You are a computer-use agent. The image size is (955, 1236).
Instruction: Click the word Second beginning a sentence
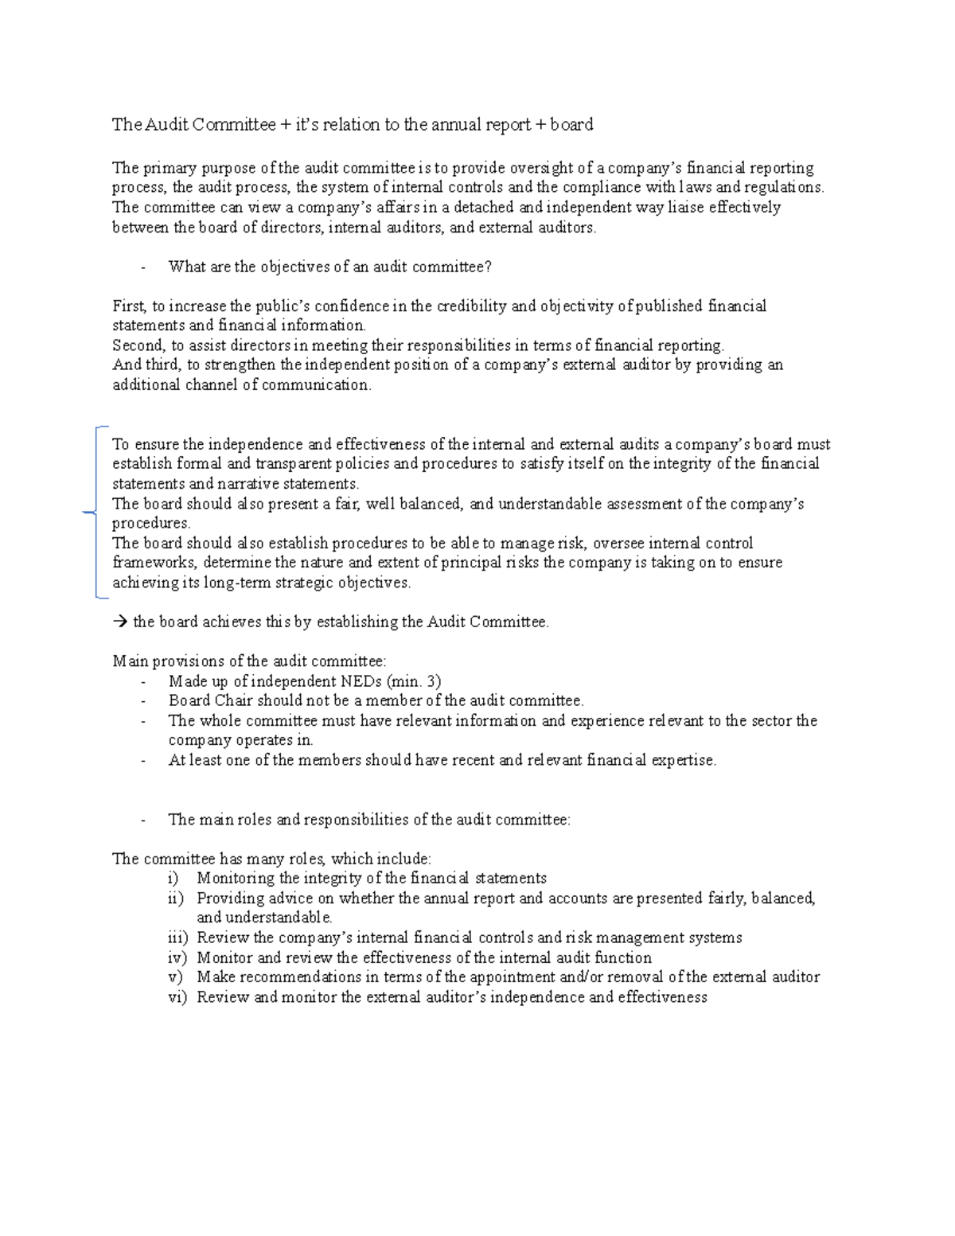point(137,345)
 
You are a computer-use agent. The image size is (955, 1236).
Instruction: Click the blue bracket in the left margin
point(95,513)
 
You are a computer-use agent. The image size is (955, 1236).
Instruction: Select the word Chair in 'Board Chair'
point(233,701)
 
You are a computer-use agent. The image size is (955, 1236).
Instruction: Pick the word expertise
point(684,760)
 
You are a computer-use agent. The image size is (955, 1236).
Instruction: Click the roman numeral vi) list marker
point(176,997)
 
